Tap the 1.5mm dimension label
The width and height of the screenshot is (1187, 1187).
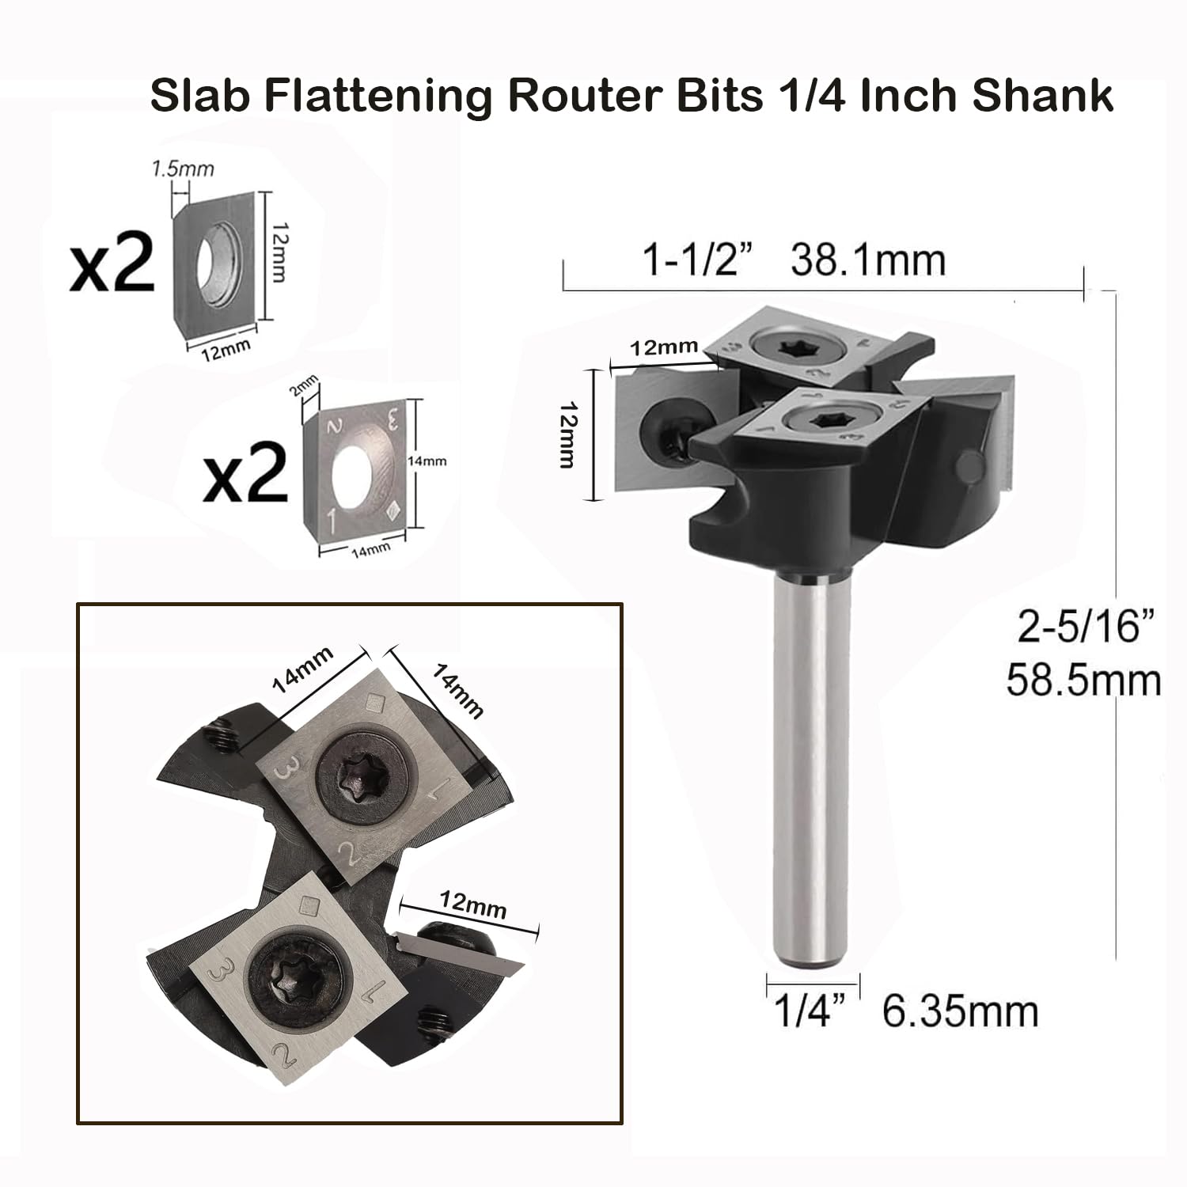[182, 169]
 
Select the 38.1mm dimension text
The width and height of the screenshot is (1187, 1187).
[868, 260]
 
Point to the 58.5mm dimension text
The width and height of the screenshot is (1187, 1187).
[1083, 681]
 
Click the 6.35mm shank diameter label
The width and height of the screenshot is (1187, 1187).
[959, 1012]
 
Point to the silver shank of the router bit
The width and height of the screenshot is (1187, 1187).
[810, 760]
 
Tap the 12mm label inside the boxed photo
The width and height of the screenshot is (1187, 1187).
[472, 908]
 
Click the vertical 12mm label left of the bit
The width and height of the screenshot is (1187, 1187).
[567, 434]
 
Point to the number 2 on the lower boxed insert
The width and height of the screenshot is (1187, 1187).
[279, 1054]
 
